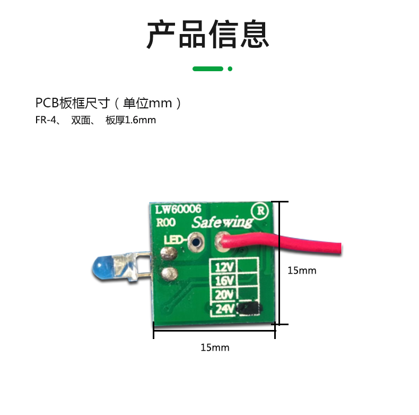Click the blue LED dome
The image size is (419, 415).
click(x=102, y=267)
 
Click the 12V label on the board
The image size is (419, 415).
click(x=224, y=267)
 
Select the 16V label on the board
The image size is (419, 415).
click(x=224, y=281)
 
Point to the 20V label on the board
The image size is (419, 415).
click(x=224, y=294)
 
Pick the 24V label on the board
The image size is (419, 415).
click(x=225, y=309)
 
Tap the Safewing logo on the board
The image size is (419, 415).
click(x=222, y=222)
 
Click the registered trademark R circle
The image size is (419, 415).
click(x=260, y=211)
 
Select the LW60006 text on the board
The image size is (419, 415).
click(x=178, y=209)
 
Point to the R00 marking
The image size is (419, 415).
click(x=165, y=222)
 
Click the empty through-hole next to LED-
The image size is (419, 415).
click(x=196, y=243)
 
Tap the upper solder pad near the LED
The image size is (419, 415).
click(x=169, y=253)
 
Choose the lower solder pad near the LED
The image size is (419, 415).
click(x=169, y=274)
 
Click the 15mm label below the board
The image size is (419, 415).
click(x=215, y=348)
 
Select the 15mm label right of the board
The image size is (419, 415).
click(x=302, y=270)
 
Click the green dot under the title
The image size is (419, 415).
click(x=230, y=69)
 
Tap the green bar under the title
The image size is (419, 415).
click(x=208, y=69)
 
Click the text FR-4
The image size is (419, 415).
click(x=46, y=120)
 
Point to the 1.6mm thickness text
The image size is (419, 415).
click(x=141, y=120)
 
